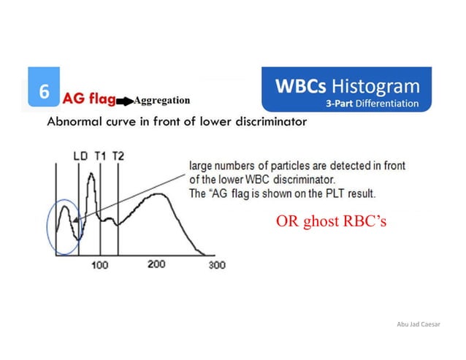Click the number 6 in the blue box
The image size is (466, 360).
[x=43, y=93]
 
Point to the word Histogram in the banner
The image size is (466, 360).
[x=378, y=86]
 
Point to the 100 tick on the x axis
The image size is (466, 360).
[x=100, y=264]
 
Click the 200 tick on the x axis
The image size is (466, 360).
[x=157, y=264]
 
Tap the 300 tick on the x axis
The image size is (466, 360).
[x=217, y=265]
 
